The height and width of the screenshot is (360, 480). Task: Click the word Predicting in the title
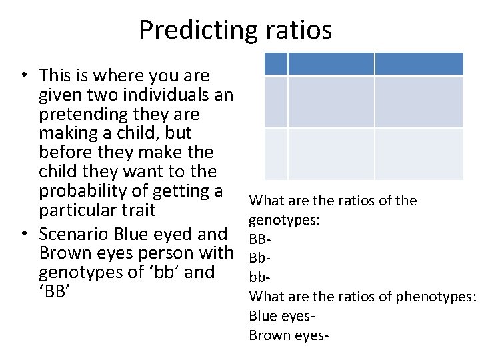click(196, 30)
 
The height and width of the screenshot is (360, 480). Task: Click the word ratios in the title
click(297, 30)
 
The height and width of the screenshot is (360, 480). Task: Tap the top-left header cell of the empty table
click(276, 64)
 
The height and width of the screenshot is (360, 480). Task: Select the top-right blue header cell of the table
click(419, 64)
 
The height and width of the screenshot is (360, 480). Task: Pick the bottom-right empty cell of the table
click(419, 154)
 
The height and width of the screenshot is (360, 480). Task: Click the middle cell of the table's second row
click(331, 102)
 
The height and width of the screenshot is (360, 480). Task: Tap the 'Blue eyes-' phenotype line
click(281, 315)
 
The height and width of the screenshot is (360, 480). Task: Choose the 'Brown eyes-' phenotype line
click(288, 334)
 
